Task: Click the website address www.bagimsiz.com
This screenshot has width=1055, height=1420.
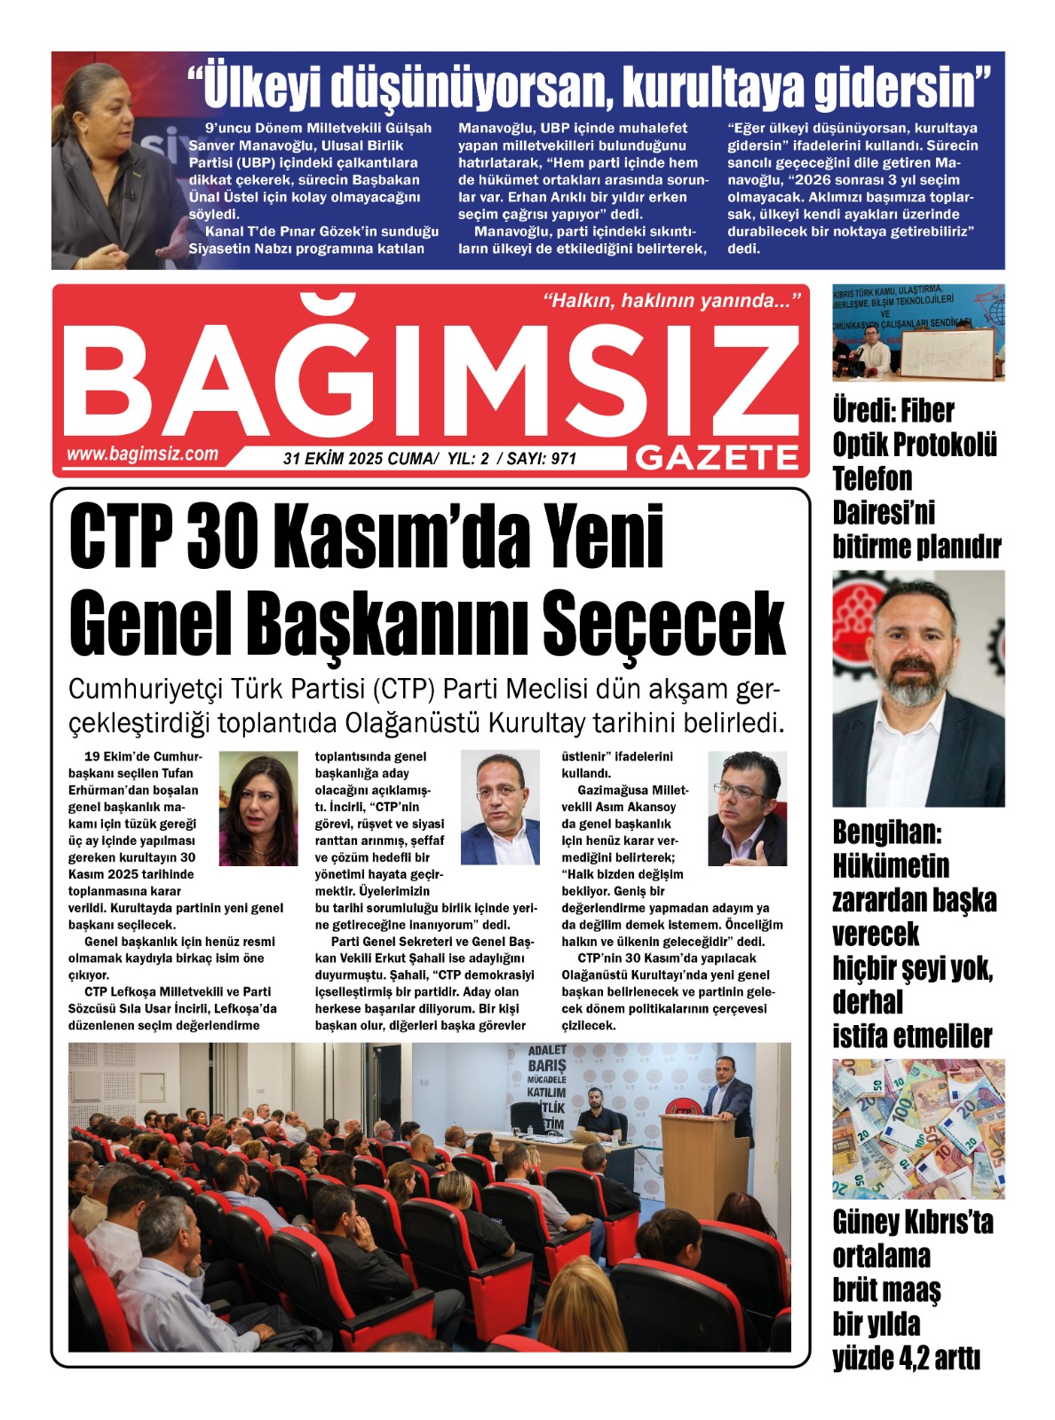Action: [x=142, y=454]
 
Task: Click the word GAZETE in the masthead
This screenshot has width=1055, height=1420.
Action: [x=718, y=458]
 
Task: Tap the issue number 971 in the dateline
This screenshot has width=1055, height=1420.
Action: [x=564, y=459]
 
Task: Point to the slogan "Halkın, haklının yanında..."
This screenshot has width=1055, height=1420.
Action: [x=671, y=301]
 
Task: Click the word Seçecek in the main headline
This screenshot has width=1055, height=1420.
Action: [x=663, y=624]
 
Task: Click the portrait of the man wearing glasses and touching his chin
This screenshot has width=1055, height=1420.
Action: [x=747, y=808]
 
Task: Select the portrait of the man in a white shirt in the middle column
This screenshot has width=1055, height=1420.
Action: [x=500, y=808]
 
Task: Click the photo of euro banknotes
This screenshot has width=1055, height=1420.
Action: [x=918, y=1128]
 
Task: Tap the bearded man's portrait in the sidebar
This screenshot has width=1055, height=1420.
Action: [x=918, y=689]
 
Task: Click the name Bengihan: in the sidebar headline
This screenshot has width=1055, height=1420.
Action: [x=887, y=832]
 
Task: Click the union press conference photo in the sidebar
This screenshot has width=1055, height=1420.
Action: [x=918, y=333]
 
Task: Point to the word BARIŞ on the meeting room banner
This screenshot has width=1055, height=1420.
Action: [x=546, y=1065]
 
